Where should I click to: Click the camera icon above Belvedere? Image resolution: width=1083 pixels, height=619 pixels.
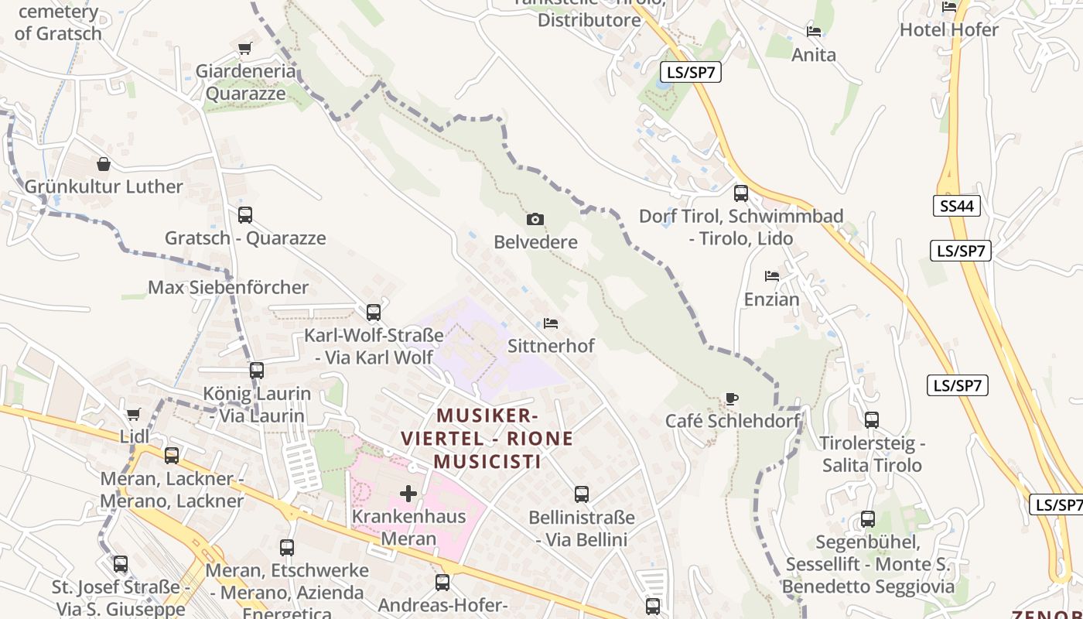coord(535,220)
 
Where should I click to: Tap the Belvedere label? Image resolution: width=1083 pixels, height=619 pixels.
coord(535,242)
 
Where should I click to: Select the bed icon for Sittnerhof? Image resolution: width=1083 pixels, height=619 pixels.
coord(551,323)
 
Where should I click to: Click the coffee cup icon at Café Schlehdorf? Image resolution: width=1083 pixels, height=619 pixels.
coord(732,398)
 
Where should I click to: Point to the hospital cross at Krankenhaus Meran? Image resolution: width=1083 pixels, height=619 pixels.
coord(408,493)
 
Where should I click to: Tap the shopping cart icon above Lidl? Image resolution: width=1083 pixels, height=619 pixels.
coord(133,414)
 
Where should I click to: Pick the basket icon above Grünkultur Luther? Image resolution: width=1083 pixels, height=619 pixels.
coord(104,164)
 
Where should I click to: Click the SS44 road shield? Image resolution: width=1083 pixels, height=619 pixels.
coord(956,206)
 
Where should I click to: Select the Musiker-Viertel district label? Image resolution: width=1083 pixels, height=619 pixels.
coord(487,439)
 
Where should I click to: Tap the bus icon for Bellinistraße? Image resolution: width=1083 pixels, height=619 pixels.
coord(582,494)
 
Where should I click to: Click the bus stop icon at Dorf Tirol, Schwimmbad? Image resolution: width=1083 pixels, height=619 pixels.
coord(741,193)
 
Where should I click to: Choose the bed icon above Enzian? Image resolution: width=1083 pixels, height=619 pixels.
coord(771,275)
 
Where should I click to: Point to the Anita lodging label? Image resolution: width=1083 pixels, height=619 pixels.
coord(814,55)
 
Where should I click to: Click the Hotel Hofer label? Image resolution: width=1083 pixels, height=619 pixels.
coord(948,29)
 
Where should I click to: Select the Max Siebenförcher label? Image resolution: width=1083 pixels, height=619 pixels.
coord(228,288)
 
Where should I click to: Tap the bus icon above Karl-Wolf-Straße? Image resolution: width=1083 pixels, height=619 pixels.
coord(374,313)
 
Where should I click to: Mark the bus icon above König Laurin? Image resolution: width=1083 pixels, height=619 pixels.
coord(257,371)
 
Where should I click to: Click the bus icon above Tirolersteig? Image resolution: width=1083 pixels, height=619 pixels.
coord(872,420)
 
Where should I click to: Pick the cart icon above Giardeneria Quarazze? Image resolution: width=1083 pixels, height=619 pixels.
coord(245,49)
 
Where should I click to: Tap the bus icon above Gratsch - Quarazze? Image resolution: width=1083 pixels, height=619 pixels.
coord(245,215)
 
